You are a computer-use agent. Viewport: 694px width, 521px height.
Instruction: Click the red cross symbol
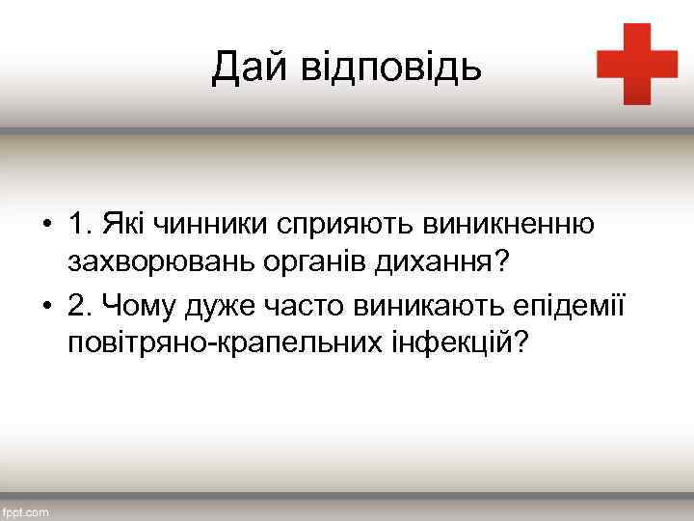637,64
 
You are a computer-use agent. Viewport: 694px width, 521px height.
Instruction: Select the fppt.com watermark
26,513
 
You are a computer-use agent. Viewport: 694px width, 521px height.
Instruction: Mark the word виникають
427,306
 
